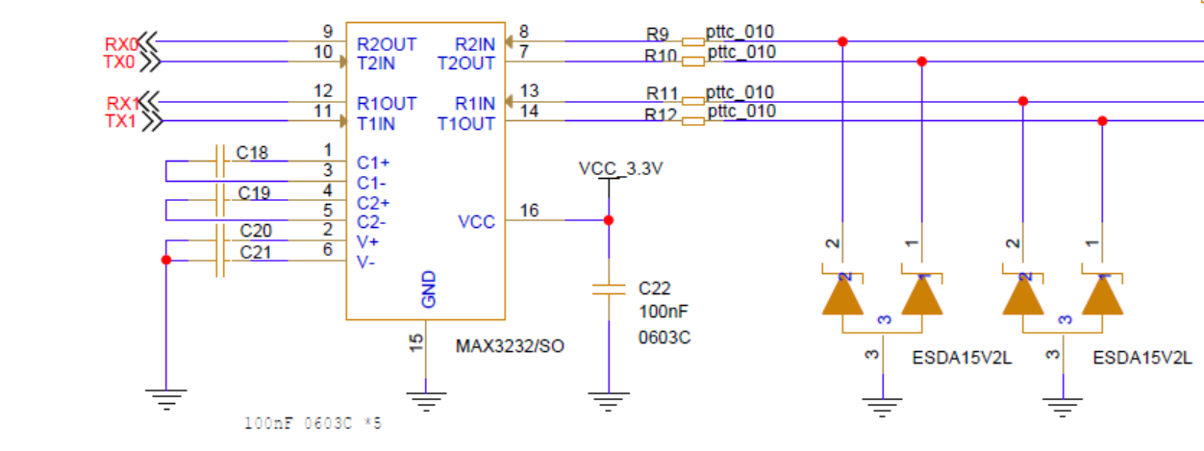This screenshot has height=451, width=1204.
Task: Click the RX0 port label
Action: [x=121, y=43]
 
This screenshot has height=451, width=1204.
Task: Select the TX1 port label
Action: [x=122, y=121]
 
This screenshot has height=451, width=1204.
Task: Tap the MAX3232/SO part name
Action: [x=510, y=345]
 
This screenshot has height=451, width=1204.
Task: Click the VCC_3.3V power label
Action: [x=620, y=168]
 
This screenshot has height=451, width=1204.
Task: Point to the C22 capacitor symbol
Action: [x=608, y=288]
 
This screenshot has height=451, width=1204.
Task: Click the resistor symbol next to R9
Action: [x=693, y=42]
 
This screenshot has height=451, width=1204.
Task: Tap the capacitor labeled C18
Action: [x=220, y=161]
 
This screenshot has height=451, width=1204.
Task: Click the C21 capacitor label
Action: [x=256, y=252]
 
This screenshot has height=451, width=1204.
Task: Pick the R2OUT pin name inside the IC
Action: [x=386, y=44]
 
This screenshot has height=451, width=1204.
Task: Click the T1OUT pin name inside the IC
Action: [x=466, y=124]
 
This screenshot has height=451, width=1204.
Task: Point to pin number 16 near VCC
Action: [x=529, y=211]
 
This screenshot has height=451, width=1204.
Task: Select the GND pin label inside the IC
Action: [x=429, y=289]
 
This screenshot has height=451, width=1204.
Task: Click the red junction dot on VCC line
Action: [x=608, y=220]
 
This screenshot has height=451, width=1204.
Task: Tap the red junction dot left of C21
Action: [x=166, y=260]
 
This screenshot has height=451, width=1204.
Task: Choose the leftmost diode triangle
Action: [x=842, y=296]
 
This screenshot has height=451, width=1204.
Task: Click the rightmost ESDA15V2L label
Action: [x=1142, y=358]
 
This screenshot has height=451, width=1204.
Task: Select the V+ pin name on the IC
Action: [x=366, y=241]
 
